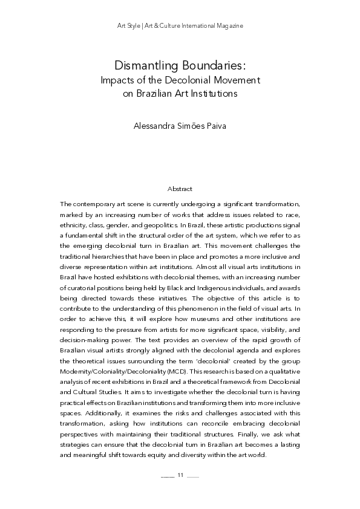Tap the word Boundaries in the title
pyautogui.click(x=212, y=65)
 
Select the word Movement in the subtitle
pyautogui.click(x=237, y=79)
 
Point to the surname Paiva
pyautogui.click(x=215, y=127)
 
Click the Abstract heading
pyautogui.click(x=180, y=189)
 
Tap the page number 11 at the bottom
pyautogui.click(x=180, y=475)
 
